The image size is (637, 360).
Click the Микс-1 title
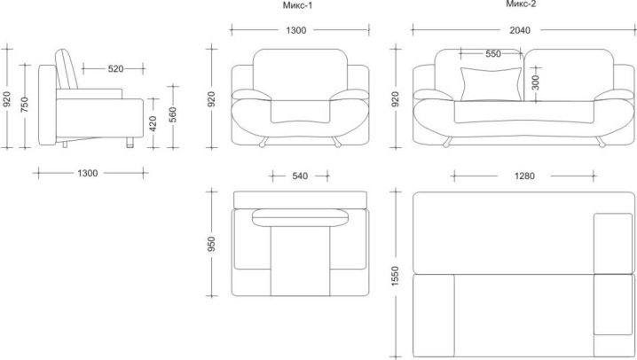click(x=297, y=5)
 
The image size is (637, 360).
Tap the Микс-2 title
click(x=521, y=4)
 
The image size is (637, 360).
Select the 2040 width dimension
click(x=520, y=30)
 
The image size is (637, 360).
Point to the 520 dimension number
click(x=115, y=69)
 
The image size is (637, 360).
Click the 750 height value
click(x=25, y=105)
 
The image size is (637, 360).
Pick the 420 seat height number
click(x=153, y=124)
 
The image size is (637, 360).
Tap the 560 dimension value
click(x=173, y=115)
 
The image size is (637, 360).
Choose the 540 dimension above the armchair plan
click(x=300, y=176)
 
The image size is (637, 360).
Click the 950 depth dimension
click(x=211, y=244)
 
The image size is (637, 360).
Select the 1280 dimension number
click(x=524, y=176)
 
